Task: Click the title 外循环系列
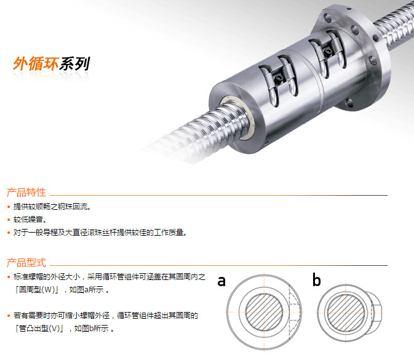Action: (x=51, y=63)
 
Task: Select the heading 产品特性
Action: (x=26, y=192)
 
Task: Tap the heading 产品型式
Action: (x=26, y=263)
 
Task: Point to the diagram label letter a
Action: (x=221, y=281)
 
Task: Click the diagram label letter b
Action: (x=317, y=280)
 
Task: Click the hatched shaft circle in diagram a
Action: (x=264, y=312)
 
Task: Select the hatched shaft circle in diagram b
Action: (x=346, y=313)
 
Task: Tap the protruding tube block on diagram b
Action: (x=375, y=313)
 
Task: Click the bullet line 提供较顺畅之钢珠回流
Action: (x=52, y=207)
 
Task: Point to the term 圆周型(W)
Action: (x=38, y=290)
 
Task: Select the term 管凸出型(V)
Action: (x=39, y=328)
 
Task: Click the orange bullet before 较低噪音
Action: (x=9, y=220)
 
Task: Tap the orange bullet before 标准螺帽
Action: (x=9, y=277)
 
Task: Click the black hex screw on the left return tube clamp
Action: (x=279, y=78)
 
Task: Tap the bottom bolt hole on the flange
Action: (x=349, y=102)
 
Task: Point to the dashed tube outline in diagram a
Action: (x=295, y=312)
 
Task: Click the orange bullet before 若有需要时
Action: (x=9, y=316)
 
